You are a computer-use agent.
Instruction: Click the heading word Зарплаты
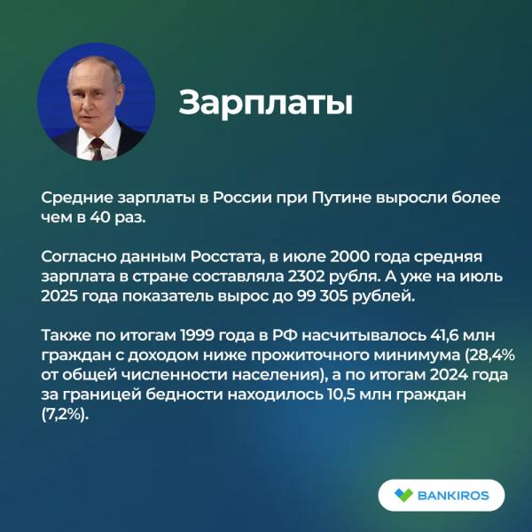coord(266,104)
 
